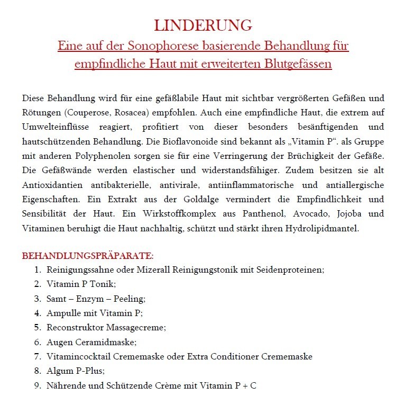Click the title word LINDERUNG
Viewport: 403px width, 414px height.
click(203, 25)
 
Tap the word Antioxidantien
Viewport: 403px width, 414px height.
click(49, 185)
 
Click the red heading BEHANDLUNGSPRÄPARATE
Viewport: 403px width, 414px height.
click(87, 256)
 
